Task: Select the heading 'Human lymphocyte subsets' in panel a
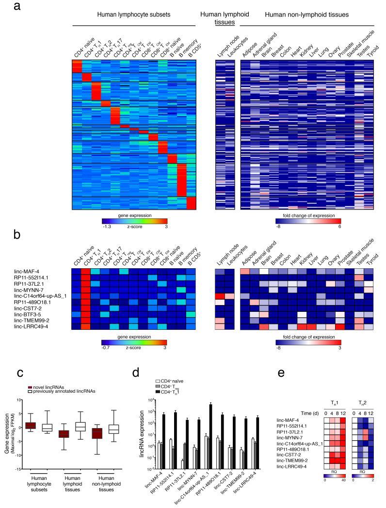(x=134, y=15)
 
